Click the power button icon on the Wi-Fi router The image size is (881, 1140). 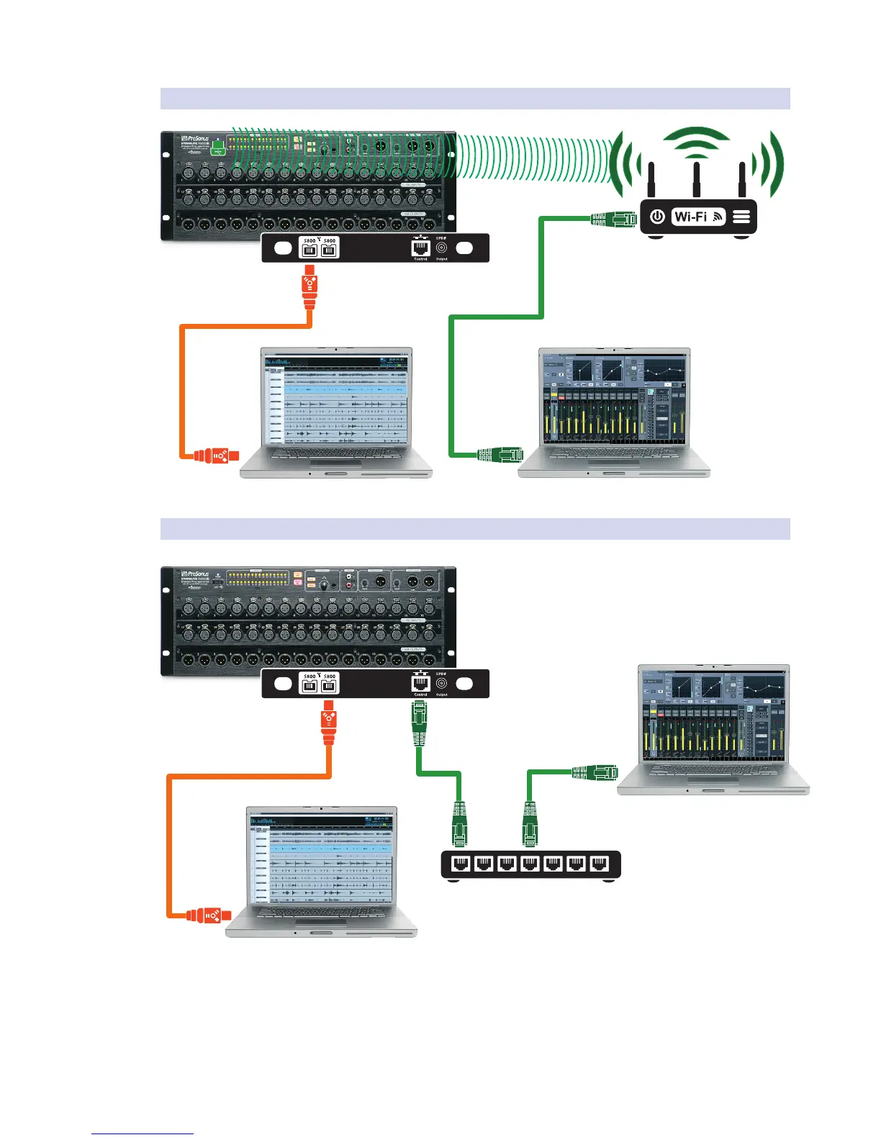pyautogui.click(x=657, y=216)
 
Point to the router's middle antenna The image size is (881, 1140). pyautogui.click(x=697, y=180)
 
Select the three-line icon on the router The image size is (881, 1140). pyautogui.click(x=741, y=216)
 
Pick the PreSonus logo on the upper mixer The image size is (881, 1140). pyautogui.click(x=194, y=139)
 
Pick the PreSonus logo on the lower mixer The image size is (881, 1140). pyautogui.click(x=194, y=574)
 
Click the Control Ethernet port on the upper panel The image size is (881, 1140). pyautogui.click(x=420, y=248)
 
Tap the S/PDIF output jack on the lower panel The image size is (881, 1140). pyautogui.click(x=441, y=684)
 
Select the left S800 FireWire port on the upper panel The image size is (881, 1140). pyautogui.click(x=309, y=249)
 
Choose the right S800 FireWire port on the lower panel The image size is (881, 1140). pyautogui.click(x=329, y=684)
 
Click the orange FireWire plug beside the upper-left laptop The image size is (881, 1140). pyautogui.click(x=216, y=455)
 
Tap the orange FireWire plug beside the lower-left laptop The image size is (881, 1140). pyautogui.click(x=209, y=915)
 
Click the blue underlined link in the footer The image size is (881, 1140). pyautogui.click(x=143, y=1134)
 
